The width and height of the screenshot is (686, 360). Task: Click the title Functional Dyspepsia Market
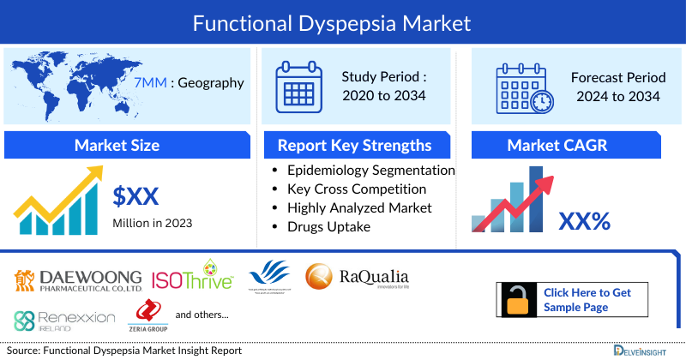343,23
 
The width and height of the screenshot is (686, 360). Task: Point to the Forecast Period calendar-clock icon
524,87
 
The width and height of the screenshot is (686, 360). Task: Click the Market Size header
117,145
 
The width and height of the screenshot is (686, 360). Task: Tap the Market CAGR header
569,145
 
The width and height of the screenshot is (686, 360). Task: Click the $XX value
136,197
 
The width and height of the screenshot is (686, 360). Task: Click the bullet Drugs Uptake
329,226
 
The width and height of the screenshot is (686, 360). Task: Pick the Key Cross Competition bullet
357,189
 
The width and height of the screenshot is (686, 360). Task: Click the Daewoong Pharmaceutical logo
79,279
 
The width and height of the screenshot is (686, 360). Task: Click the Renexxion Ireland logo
64,321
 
